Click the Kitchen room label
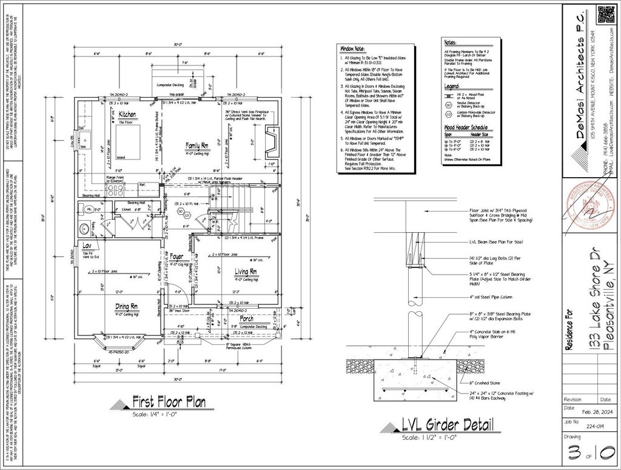click(127, 114)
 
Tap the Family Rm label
click(196, 145)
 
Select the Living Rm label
click(247, 272)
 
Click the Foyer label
click(177, 257)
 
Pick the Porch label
click(247, 318)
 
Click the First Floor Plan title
click(169, 401)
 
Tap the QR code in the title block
click(607, 14)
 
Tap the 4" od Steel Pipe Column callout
click(489, 297)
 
